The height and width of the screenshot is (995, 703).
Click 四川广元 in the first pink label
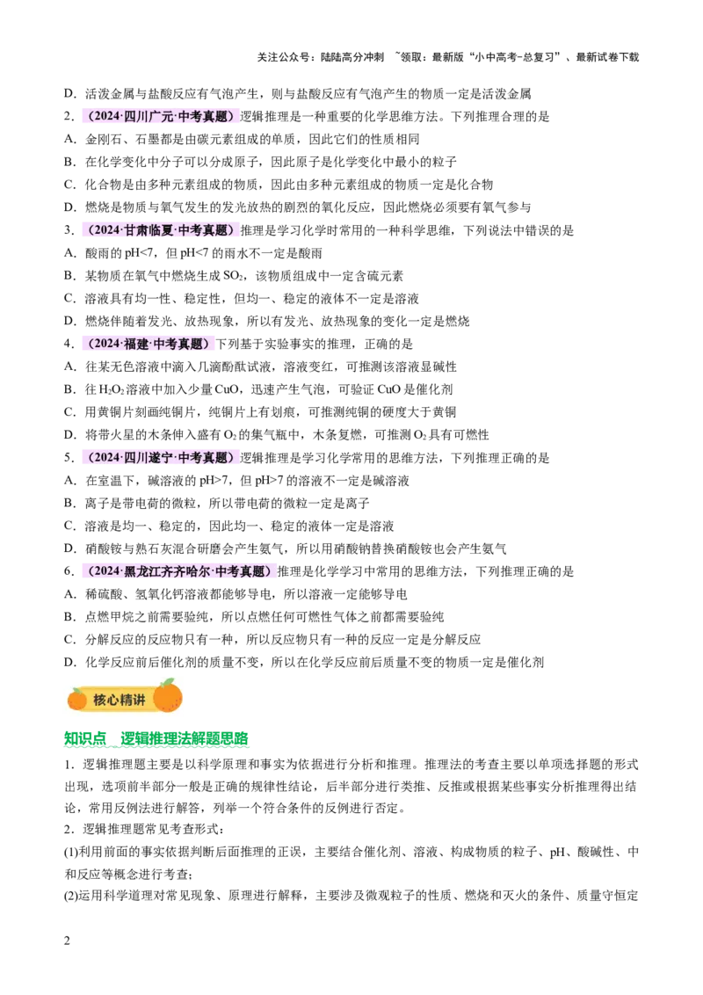pyautogui.click(x=149, y=116)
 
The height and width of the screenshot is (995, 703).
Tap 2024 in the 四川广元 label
pyautogui.click(x=106, y=116)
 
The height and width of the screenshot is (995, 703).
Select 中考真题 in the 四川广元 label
pyautogui.click(x=203, y=116)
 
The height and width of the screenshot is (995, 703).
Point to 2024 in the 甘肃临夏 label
pyautogui.click(x=106, y=230)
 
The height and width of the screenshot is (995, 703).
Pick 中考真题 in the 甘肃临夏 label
pyautogui.click(x=203, y=230)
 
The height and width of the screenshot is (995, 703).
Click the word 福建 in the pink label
pyautogui.click(x=136, y=344)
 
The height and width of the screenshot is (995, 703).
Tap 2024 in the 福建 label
pyautogui.click(x=106, y=344)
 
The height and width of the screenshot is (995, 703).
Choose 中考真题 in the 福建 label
pyautogui.click(x=178, y=344)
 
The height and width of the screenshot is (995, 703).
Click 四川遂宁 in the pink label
pyautogui.click(x=149, y=457)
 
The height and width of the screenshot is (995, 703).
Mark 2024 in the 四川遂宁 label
pyautogui.click(x=106, y=457)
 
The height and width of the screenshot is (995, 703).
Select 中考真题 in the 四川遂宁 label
pyautogui.click(x=203, y=457)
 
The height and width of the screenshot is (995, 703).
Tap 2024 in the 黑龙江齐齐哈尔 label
pyautogui.click(x=106, y=571)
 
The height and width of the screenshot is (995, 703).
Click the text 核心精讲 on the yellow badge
pyautogui.click(x=119, y=700)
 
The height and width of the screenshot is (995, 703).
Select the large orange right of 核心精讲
pyautogui.click(x=167, y=697)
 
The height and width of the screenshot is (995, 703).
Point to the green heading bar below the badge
pyautogui.click(x=157, y=739)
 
